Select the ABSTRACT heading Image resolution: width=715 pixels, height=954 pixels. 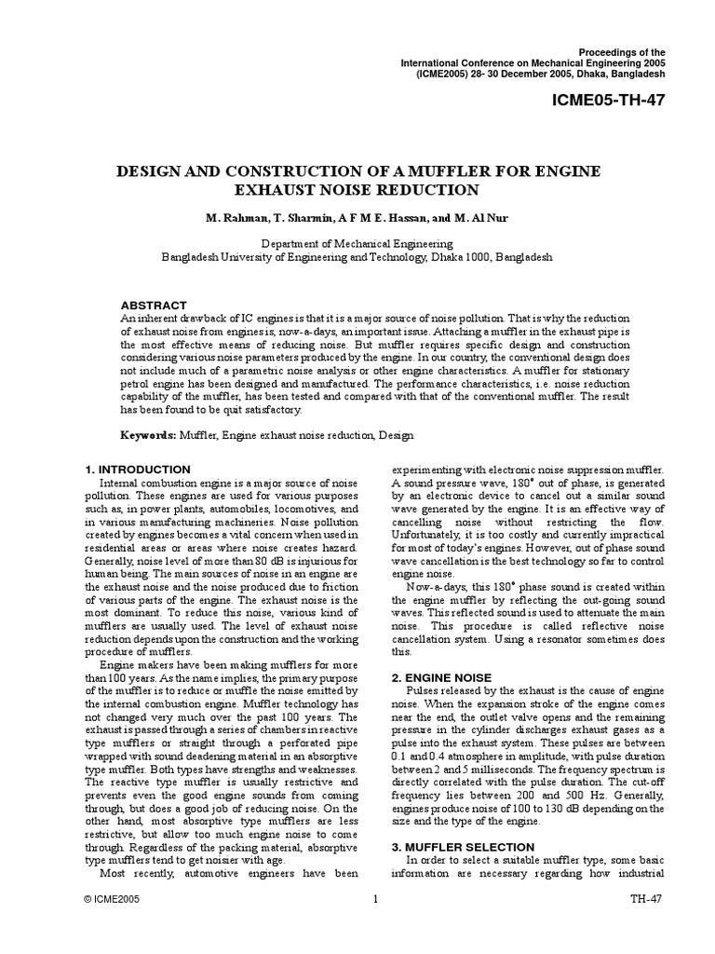(155, 305)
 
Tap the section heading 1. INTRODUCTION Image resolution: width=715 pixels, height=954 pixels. (137, 469)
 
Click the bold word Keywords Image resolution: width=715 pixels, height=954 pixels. (148, 435)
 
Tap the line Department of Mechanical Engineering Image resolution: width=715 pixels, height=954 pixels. (357, 241)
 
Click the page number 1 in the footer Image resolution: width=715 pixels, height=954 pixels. (375, 926)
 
